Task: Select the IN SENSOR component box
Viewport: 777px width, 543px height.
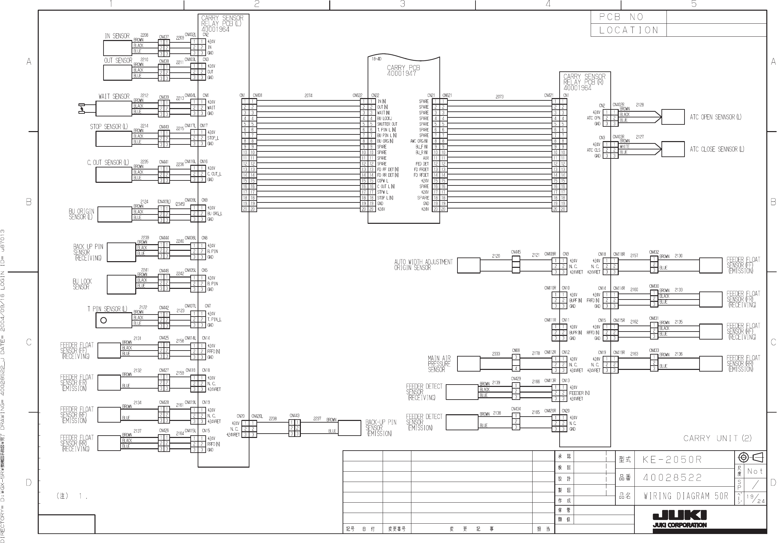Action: tap(118, 48)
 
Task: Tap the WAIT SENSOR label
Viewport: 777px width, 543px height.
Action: tap(114, 97)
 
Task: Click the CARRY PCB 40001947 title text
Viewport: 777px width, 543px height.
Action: tap(403, 70)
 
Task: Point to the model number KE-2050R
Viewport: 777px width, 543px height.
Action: tap(672, 460)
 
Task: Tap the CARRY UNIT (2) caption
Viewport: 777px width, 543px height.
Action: tap(718, 438)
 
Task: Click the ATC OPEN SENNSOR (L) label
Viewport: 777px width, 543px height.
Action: tap(716, 117)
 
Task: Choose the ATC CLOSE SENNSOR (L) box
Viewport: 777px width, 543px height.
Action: tap(673, 149)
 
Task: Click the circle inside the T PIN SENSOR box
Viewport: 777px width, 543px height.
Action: tap(104, 320)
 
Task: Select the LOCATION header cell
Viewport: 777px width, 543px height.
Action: tap(628, 30)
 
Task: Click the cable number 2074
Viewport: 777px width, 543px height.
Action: tap(308, 96)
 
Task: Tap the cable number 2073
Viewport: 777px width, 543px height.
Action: tap(500, 97)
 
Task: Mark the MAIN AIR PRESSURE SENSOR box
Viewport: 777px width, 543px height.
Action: tap(468, 364)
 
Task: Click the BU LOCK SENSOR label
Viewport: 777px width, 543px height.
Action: tap(82, 284)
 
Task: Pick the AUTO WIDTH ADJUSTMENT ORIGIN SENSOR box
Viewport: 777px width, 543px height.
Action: tap(468, 265)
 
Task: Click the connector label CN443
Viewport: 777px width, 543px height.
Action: tap(295, 415)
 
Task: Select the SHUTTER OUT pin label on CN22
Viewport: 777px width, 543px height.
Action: tap(387, 124)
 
